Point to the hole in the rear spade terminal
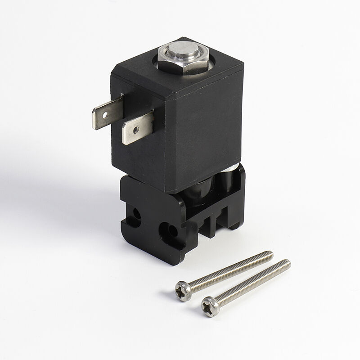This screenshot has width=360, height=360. [x=105, y=115]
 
